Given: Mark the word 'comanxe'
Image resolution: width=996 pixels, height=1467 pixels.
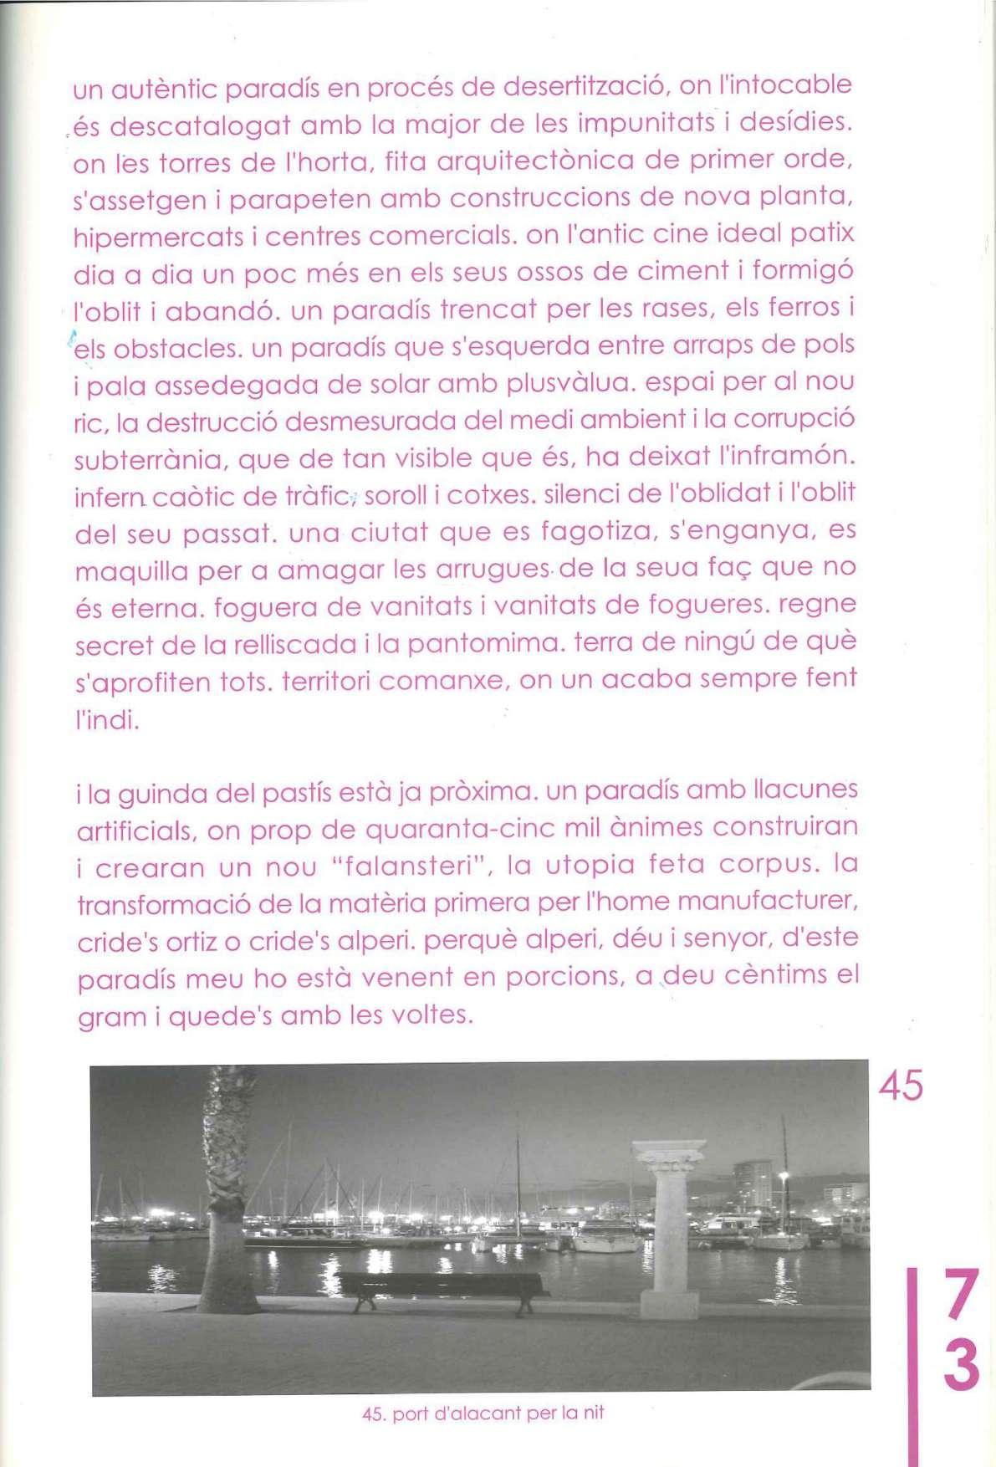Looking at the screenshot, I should [x=445, y=681].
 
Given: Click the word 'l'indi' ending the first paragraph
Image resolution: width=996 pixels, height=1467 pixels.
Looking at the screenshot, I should [x=106, y=719].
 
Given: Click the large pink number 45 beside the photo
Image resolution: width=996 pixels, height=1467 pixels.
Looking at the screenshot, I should [x=901, y=1085].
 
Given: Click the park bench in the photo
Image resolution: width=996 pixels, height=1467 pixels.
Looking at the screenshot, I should [x=443, y=1288].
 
